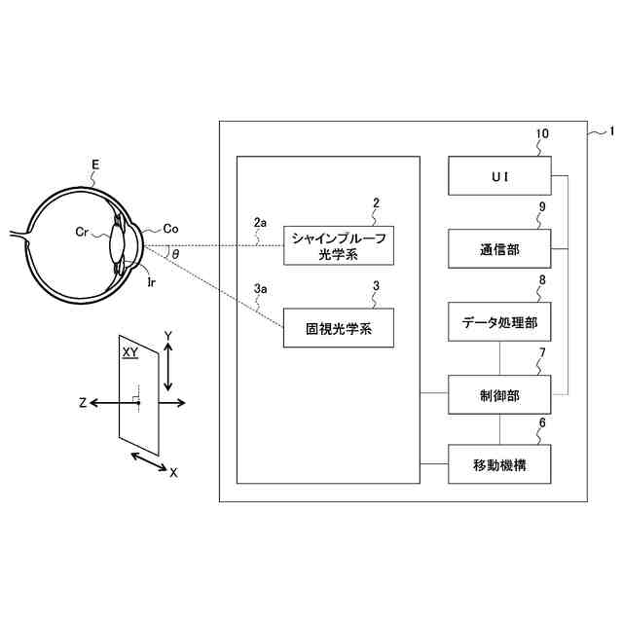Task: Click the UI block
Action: tap(499, 176)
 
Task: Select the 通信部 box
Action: tap(499, 249)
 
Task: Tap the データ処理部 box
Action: tap(499, 321)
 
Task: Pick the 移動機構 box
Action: tap(499, 464)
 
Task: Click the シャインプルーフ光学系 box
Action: tap(338, 246)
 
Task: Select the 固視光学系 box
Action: tap(338, 328)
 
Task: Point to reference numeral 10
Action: tap(542, 133)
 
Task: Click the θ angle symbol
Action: tap(175, 254)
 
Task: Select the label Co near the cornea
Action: tap(170, 229)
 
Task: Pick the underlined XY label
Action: tap(128, 352)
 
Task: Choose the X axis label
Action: tap(173, 472)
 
